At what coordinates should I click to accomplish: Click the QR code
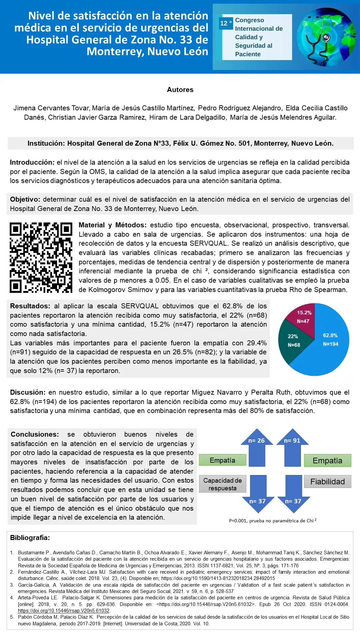tap(41, 258)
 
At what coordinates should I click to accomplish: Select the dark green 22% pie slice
tap(293, 341)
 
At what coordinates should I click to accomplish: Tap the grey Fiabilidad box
tap(327, 482)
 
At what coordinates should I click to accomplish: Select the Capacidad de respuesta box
tap(222, 484)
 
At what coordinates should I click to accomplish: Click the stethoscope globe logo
tap(326, 37)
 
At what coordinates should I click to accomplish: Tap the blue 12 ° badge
tap(226, 23)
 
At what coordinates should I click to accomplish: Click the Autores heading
tap(180, 90)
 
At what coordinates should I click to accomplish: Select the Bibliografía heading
tap(30, 538)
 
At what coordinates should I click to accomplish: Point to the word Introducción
tap(32, 163)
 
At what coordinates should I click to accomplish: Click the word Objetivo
tap(25, 200)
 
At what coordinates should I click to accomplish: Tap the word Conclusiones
tap(35, 434)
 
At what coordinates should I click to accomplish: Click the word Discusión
tap(28, 392)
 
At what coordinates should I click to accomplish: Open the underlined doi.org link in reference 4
tap(64, 611)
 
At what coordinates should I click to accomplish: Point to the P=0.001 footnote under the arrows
tap(273, 521)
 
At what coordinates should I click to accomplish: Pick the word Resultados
tap(30, 306)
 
